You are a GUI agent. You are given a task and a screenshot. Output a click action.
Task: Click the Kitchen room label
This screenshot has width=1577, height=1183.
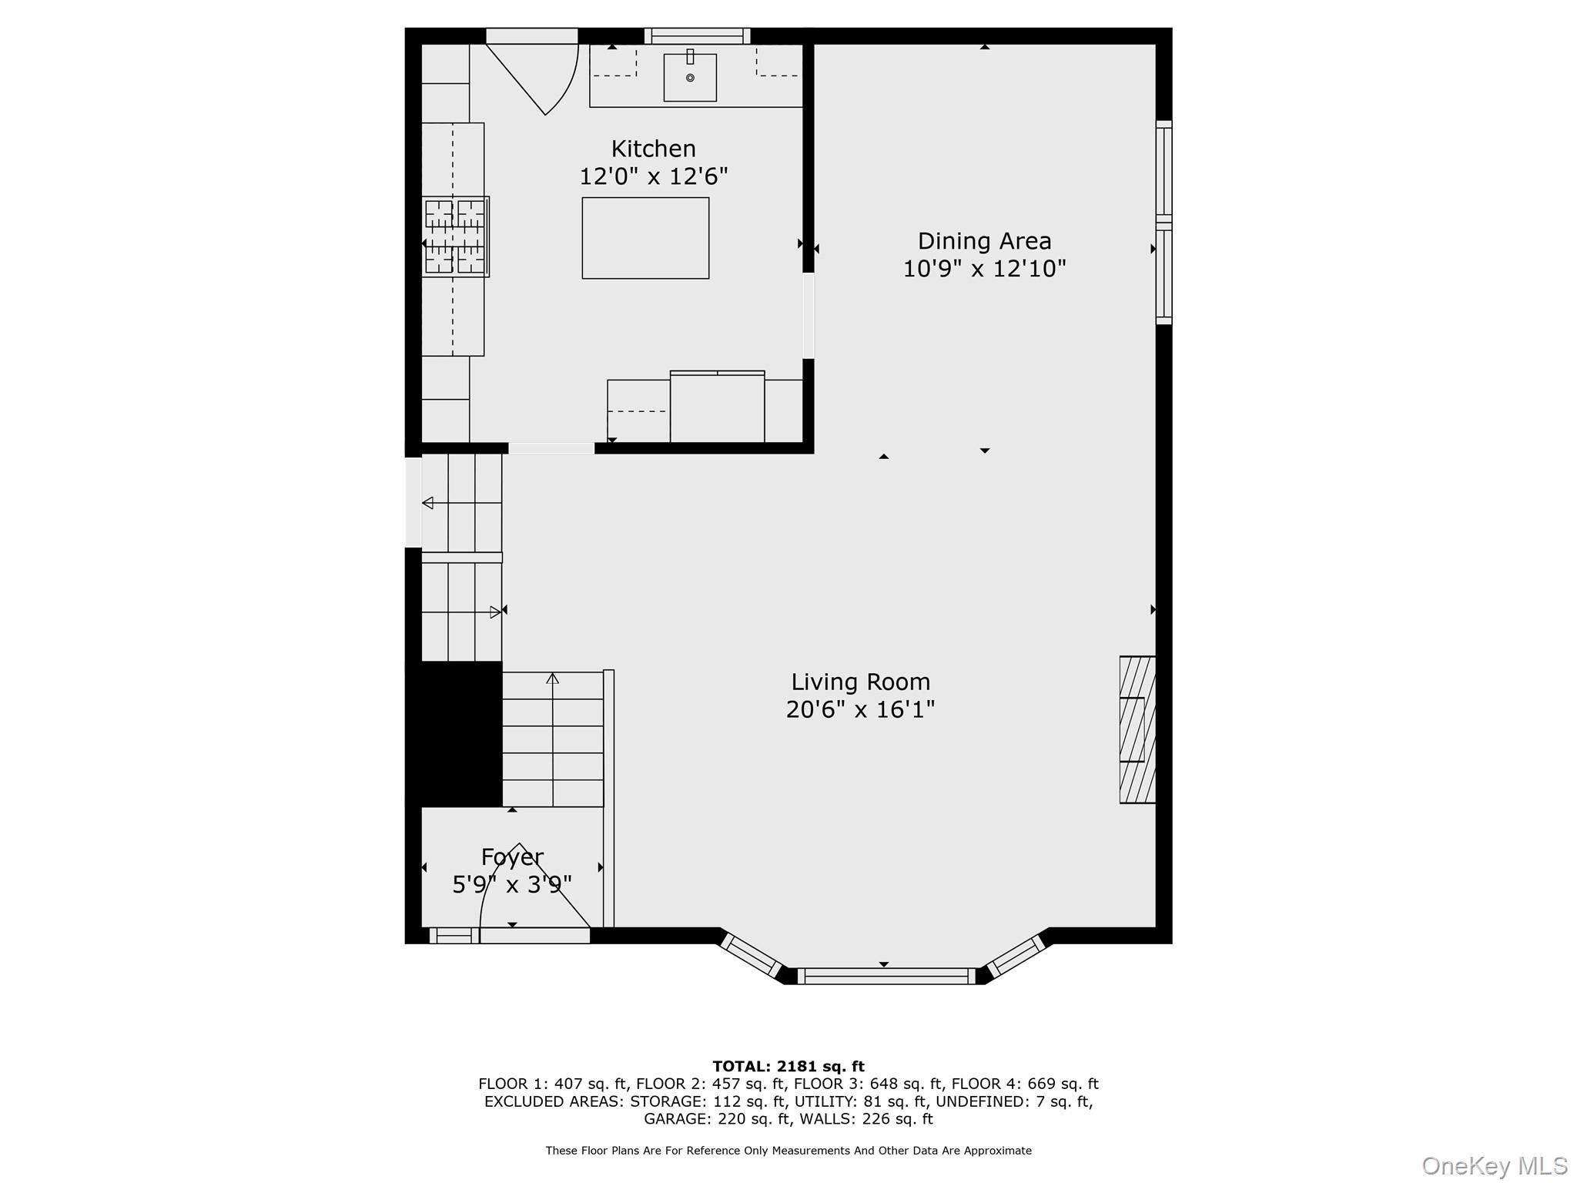653,149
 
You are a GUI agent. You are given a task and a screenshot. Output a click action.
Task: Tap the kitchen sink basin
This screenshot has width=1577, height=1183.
690,78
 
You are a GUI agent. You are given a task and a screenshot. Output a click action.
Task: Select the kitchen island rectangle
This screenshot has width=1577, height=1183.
645,238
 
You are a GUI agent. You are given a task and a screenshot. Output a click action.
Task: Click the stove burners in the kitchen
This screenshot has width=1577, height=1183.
455,236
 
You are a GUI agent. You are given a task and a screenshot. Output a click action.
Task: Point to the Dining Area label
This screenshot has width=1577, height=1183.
984,241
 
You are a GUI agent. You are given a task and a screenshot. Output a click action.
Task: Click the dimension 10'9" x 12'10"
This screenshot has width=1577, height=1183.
984,269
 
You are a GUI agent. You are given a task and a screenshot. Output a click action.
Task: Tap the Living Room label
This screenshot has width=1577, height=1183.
860,682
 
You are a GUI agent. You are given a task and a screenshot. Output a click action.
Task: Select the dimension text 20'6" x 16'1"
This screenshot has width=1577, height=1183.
860,709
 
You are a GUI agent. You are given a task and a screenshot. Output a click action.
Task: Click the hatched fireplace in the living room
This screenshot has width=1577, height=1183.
1137,729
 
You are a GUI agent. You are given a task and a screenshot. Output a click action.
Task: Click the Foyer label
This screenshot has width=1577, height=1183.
512,856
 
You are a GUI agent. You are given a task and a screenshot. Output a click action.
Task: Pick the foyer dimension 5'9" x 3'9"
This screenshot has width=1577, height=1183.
512,885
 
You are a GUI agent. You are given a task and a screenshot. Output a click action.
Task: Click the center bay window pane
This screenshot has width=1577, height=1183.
886,977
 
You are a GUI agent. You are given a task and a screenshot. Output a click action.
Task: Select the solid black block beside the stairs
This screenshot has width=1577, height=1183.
454,733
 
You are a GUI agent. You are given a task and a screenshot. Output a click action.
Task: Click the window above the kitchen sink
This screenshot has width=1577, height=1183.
697,35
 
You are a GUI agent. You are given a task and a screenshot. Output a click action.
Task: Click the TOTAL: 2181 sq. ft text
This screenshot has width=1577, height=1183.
788,1066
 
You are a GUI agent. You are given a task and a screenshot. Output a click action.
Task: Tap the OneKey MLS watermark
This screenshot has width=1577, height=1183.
1494,1165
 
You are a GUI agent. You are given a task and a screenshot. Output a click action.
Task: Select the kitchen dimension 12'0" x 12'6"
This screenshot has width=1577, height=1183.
653,176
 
